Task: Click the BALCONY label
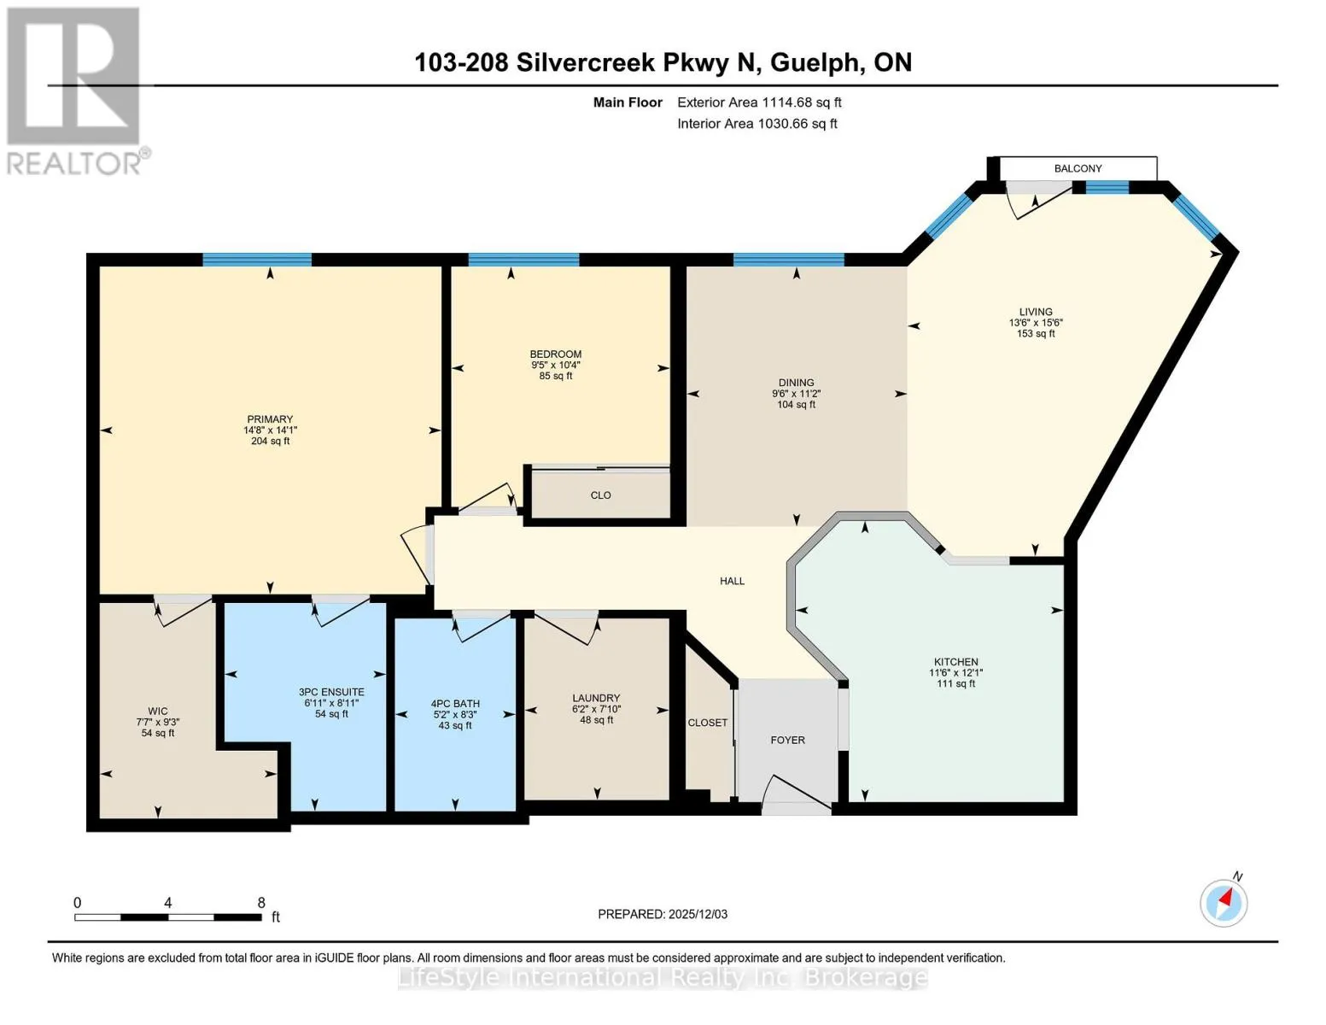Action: tap(1078, 168)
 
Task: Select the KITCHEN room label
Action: tap(955, 662)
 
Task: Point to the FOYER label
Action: tap(787, 740)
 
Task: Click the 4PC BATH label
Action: tap(455, 703)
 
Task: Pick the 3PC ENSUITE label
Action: tap(331, 692)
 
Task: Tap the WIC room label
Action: tap(158, 711)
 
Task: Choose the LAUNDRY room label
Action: tap(596, 698)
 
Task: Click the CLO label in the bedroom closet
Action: tap(600, 495)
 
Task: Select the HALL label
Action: tap(733, 581)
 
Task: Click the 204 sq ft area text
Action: tap(271, 441)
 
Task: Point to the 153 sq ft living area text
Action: tap(1036, 333)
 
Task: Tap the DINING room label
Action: tap(797, 383)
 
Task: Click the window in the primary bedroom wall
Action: tap(257, 260)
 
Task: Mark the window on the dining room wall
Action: tap(788, 260)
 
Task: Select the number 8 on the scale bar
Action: tap(261, 902)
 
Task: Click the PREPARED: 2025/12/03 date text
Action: tap(663, 914)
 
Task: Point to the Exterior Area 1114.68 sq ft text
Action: tap(760, 102)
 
